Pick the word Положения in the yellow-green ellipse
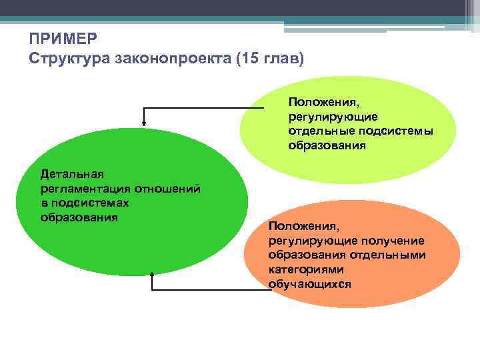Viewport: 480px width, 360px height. (323, 103)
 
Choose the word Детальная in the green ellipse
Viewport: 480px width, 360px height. (72, 175)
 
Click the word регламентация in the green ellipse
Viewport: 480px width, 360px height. (85, 189)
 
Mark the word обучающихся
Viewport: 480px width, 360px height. (310, 284)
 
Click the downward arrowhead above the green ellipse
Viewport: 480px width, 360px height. (143, 122)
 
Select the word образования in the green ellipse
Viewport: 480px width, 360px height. (79, 217)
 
